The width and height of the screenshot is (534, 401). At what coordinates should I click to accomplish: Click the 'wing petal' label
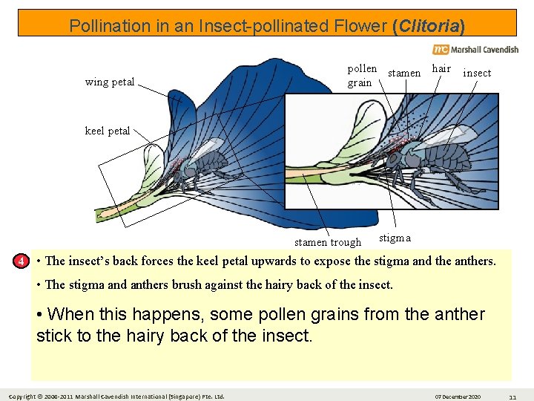pyautogui.click(x=110, y=82)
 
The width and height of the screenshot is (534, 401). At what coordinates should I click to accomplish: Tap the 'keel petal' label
pyautogui.click(x=108, y=131)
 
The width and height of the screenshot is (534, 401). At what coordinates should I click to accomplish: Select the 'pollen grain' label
pyautogui.click(x=362, y=75)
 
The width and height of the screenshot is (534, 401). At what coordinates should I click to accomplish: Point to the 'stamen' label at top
pyautogui.click(x=404, y=73)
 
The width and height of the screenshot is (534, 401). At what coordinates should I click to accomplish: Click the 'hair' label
pyautogui.click(x=441, y=68)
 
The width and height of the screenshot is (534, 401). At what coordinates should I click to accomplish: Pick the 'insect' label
pyautogui.click(x=477, y=73)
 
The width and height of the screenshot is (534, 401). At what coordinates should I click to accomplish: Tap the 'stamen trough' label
pyautogui.click(x=328, y=242)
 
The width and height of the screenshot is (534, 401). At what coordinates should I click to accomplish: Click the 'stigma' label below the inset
pyautogui.click(x=395, y=238)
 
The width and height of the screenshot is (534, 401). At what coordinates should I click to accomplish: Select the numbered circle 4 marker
pyautogui.click(x=23, y=261)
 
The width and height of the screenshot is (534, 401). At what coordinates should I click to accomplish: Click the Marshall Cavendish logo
pyautogui.click(x=475, y=49)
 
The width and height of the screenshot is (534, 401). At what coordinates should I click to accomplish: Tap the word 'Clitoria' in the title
pyautogui.click(x=429, y=27)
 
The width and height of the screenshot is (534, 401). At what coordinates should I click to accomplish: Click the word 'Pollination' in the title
pyautogui.click(x=106, y=27)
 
